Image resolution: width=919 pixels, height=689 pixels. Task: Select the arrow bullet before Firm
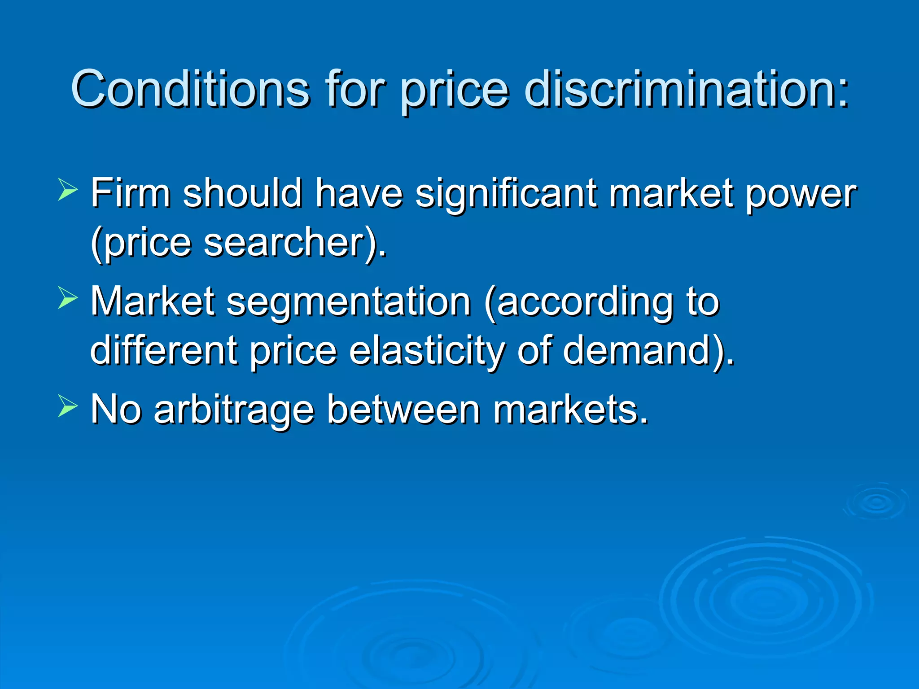click(x=67, y=189)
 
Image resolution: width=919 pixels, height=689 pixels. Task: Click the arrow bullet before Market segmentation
click(x=67, y=298)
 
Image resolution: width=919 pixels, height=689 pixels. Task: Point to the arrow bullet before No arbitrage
click(x=67, y=406)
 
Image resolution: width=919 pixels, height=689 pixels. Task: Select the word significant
click(x=506, y=194)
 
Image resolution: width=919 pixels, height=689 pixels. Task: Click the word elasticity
click(x=427, y=351)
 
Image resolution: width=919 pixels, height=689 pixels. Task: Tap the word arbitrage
click(x=233, y=410)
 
